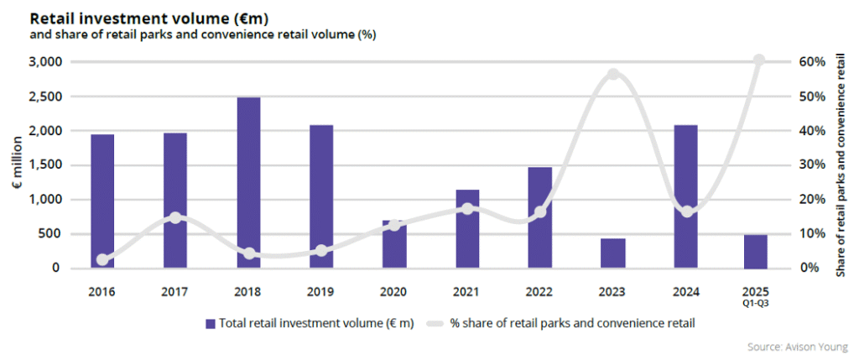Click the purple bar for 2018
(248, 183)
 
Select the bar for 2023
(613, 253)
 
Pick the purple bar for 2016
(102, 201)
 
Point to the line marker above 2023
(613, 74)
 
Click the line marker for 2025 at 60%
(759, 60)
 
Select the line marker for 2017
(175, 217)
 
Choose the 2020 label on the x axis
(393, 292)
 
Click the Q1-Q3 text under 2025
(758, 304)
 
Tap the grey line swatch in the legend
(435, 322)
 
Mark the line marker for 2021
(467, 208)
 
